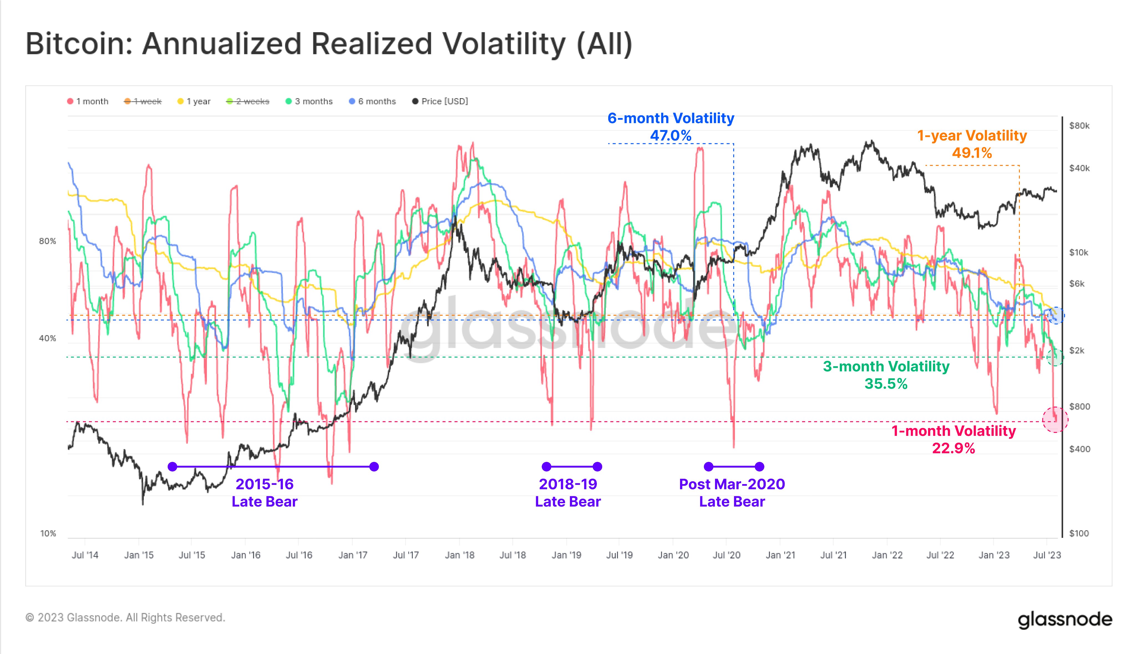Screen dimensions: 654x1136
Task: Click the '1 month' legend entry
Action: click(88, 101)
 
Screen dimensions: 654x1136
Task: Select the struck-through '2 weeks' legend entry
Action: click(248, 101)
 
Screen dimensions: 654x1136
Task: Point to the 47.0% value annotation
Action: click(670, 135)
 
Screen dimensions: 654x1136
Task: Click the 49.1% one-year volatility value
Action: click(972, 153)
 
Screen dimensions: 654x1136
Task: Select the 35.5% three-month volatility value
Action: click(886, 384)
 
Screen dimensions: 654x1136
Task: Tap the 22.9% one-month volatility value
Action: click(953, 448)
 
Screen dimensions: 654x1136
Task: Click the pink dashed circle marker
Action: click(1055, 419)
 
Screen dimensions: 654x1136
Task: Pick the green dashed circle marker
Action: click(1055, 358)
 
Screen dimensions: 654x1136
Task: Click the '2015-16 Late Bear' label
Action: click(264, 493)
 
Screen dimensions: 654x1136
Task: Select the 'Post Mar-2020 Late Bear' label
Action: click(732, 493)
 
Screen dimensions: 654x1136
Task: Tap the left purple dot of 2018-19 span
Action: click(546, 467)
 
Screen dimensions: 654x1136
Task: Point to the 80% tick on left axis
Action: click(48, 241)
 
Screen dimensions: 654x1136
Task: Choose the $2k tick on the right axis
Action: click(1077, 350)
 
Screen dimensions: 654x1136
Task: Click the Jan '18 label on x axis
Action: click(459, 555)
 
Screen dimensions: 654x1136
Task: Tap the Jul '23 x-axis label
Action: click(1047, 555)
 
